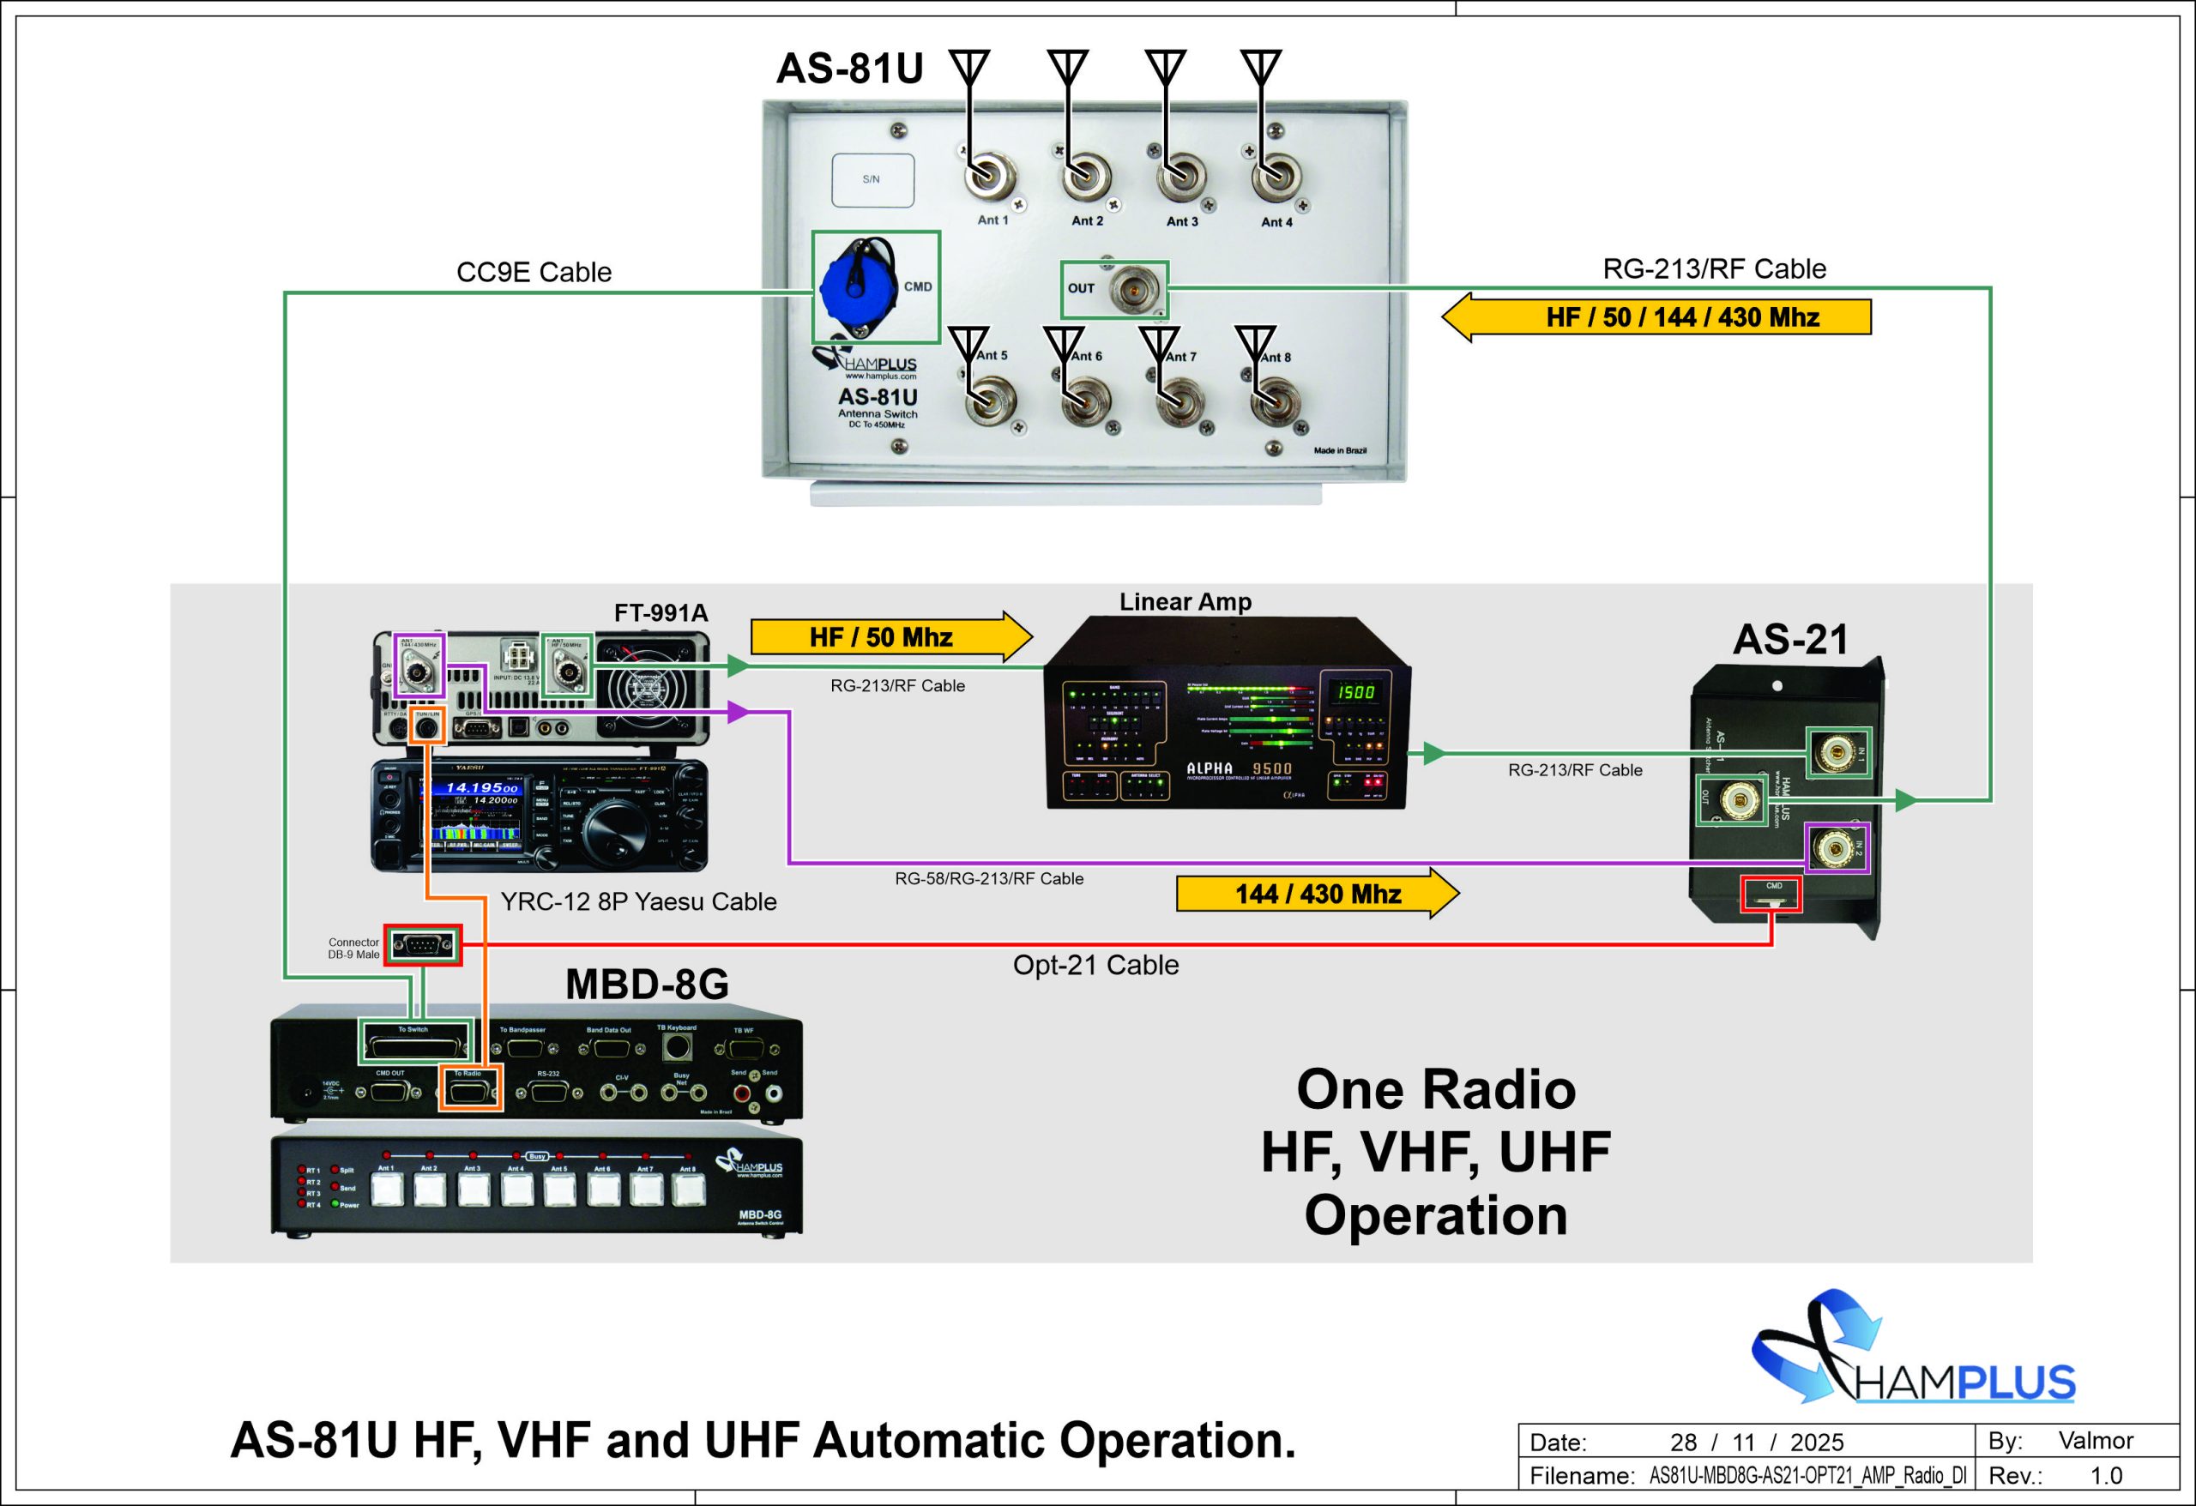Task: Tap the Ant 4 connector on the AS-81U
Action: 1275,177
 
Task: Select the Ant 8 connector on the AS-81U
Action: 1275,403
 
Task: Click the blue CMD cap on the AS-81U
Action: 855,283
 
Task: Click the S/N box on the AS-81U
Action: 872,179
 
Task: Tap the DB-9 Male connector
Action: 422,945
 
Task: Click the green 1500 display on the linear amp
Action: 1353,691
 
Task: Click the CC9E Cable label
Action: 534,272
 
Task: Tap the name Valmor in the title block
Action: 2095,1441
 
